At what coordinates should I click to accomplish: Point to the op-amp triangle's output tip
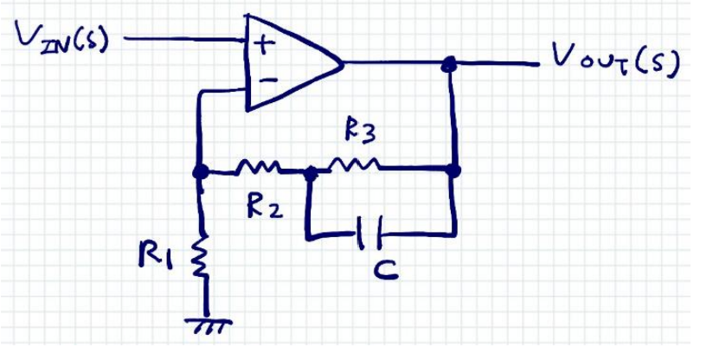pos(343,63)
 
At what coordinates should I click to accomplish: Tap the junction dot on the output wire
pos(449,63)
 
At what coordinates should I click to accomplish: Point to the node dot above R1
pos(201,171)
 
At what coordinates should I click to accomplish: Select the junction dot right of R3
pos(453,170)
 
